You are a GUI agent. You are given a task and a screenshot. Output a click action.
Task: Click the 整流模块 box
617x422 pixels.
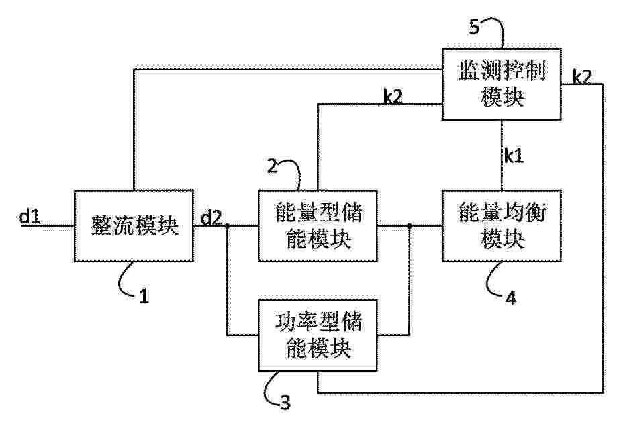(134, 225)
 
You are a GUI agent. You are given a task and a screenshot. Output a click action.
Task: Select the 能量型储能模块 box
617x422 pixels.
(318, 225)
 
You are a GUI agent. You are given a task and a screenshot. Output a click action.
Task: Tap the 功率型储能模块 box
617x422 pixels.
(318, 335)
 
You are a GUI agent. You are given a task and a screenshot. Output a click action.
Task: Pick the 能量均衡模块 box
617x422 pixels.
(502, 225)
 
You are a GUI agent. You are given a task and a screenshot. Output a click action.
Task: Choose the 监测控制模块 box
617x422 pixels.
(502, 84)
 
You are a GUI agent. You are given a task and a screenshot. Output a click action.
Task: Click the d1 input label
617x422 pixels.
(30, 216)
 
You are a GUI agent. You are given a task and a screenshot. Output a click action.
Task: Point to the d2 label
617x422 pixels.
(211, 217)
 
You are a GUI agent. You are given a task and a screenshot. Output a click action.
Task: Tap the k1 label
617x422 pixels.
(514, 156)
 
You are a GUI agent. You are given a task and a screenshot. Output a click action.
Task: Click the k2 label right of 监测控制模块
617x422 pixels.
(582, 77)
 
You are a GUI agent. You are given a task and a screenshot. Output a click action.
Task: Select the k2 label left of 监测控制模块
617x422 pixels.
(393, 97)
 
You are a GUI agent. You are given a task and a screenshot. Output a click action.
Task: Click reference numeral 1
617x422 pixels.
(144, 296)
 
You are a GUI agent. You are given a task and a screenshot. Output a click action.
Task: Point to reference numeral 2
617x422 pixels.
(272, 166)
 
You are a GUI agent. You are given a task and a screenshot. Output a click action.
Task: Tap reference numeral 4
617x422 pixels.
(511, 299)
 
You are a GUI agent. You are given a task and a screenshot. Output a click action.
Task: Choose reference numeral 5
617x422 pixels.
(475, 28)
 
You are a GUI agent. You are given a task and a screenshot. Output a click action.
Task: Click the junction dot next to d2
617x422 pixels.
(227, 225)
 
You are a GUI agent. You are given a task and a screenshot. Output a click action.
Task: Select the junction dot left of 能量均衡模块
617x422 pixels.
(410, 225)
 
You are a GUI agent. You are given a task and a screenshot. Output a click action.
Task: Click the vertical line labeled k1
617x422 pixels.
(502, 155)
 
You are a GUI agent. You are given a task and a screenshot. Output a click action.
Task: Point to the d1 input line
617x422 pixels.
(47, 225)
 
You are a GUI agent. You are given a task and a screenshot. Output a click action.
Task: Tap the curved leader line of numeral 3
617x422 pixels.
(271, 389)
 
